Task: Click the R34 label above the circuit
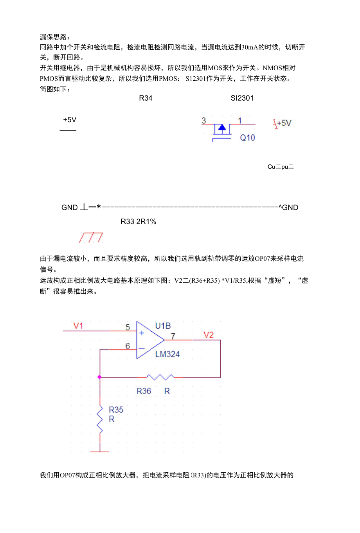tap(146, 98)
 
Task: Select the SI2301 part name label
tap(242, 98)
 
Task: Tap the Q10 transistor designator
tap(247, 138)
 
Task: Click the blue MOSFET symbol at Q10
tap(222, 129)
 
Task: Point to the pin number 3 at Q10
tap(203, 121)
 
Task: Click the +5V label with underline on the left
tap(70, 120)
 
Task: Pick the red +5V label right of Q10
tap(283, 123)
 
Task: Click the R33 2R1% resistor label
tap(138, 222)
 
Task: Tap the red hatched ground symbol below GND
tap(91, 237)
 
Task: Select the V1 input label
tap(78, 326)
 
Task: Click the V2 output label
tap(209, 335)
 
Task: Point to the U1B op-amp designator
tap(163, 326)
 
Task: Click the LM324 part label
tap(167, 354)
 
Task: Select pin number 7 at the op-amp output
tap(173, 336)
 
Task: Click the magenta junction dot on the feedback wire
tap(99, 377)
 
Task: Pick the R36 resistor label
tap(144, 391)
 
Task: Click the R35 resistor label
tap(116, 410)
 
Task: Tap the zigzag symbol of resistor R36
tap(160, 377)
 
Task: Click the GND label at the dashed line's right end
tap(290, 208)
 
